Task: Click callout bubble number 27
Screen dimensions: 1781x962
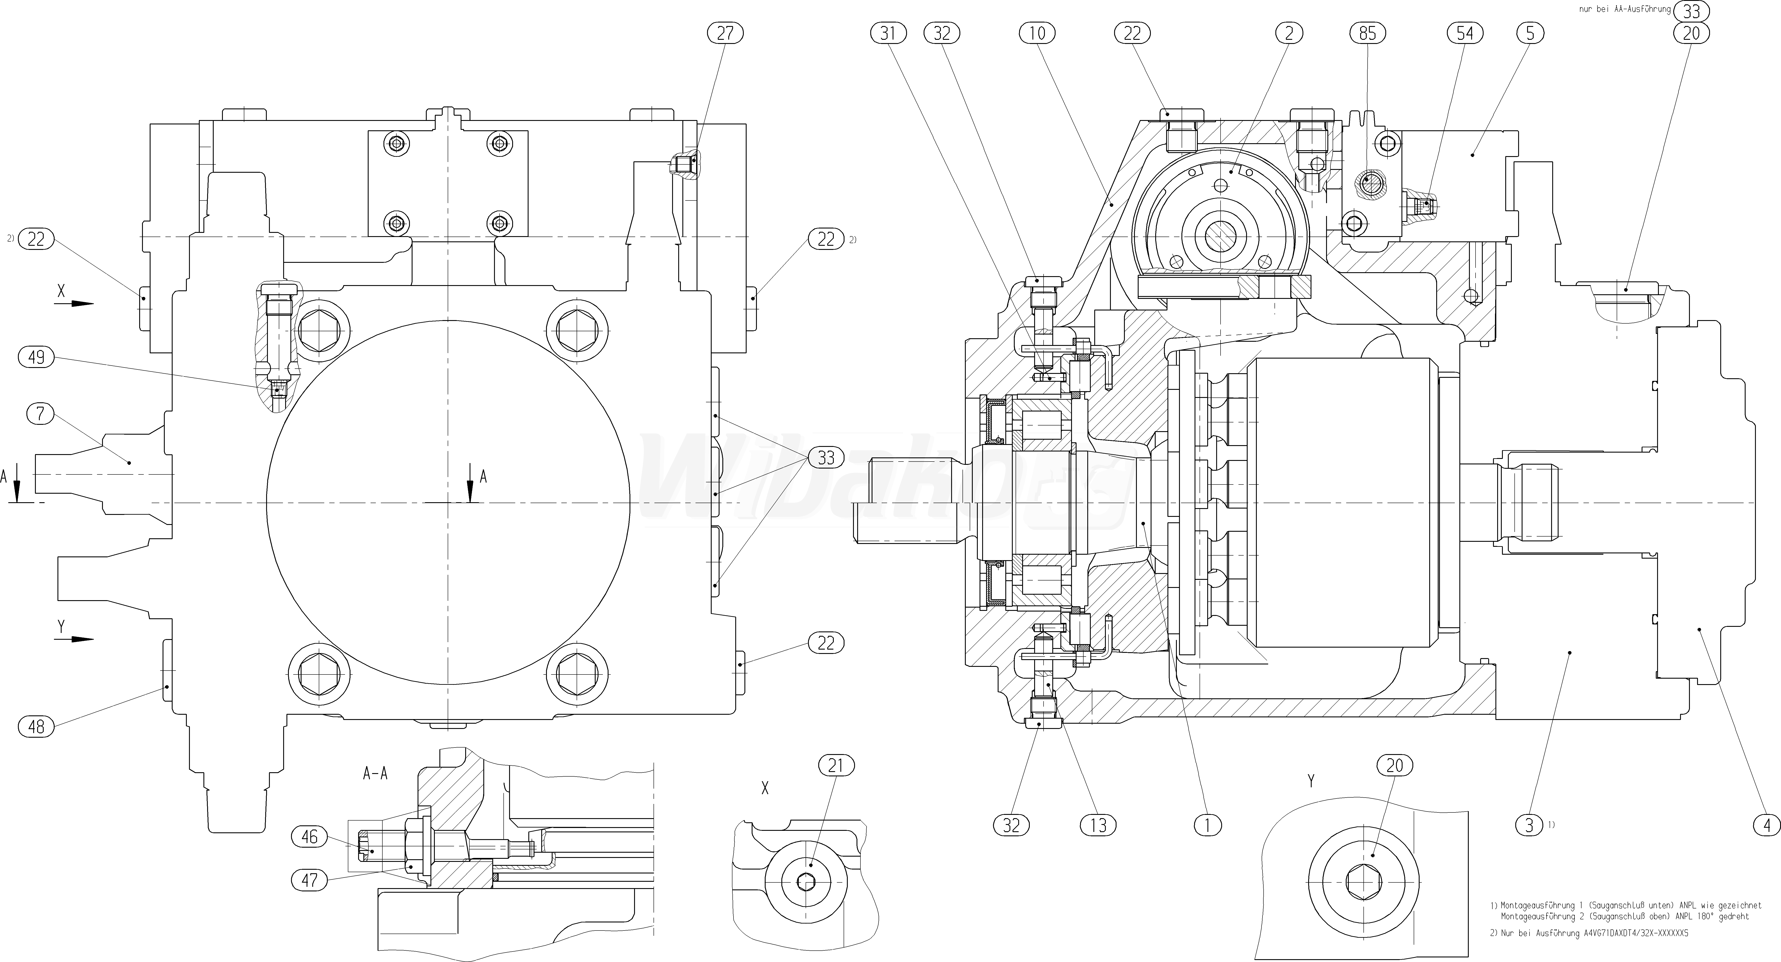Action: point(725,33)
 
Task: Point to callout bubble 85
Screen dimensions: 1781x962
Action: point(1368,33)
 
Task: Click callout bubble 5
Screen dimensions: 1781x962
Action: point(1529,33)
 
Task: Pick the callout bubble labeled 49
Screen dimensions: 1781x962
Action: point(37,357)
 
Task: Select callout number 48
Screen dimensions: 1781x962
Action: point(36,726)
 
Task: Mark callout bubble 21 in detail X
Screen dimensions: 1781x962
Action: point(837,766)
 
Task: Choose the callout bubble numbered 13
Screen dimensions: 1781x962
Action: point(1098,825)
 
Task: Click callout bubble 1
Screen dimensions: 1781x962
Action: point(1207,825)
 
